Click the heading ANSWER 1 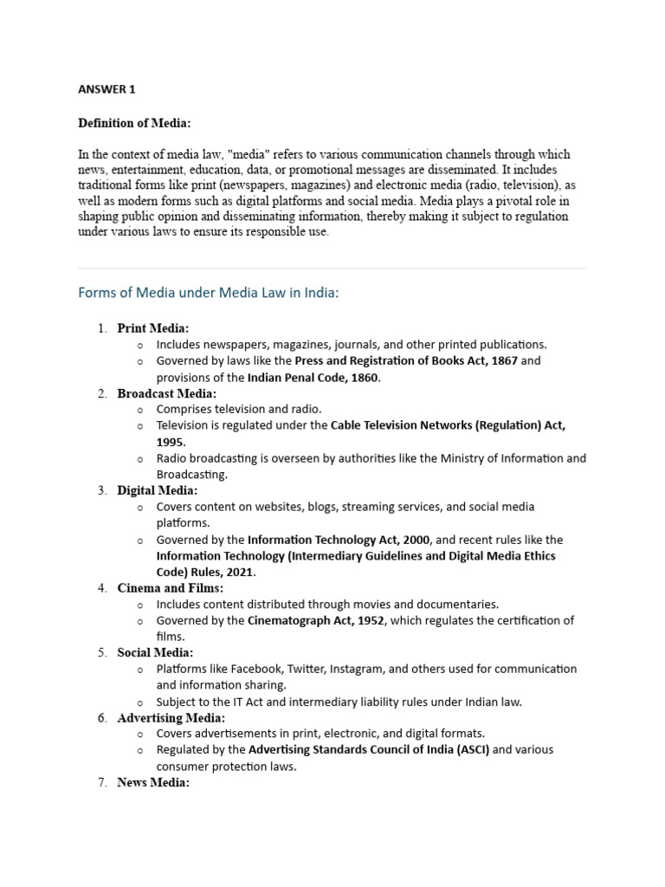[107, 89]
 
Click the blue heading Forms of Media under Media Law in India [209, 293]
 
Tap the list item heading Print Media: [152, 328]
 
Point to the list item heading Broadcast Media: [166, 393]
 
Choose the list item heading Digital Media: [157, 490]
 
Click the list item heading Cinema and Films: [170, 588]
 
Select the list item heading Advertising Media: [171, 718]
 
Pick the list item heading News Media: [153, 783]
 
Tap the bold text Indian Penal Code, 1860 [313, 378]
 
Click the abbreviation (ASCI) [466, 749]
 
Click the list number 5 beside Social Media [101, 652]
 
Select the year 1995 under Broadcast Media [171, 442]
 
